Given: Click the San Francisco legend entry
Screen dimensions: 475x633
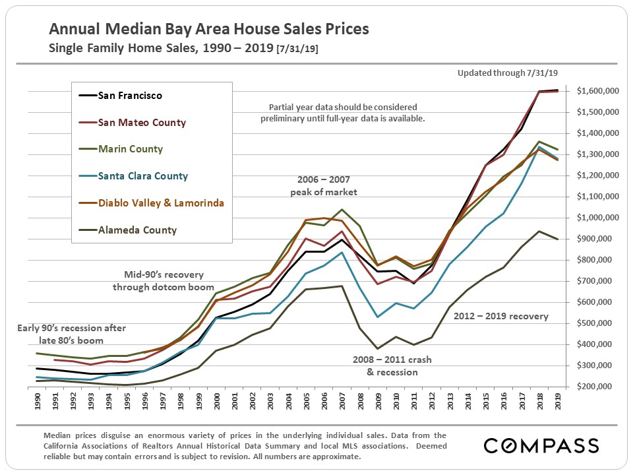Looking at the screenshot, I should point(130,95).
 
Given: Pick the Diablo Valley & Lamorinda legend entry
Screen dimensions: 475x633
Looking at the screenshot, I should point(160,203).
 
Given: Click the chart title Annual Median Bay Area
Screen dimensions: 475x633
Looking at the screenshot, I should point(209,30).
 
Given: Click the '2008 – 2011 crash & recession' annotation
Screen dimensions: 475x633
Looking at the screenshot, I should point(392,365).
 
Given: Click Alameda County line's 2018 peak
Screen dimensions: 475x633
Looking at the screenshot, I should point(540,231).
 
